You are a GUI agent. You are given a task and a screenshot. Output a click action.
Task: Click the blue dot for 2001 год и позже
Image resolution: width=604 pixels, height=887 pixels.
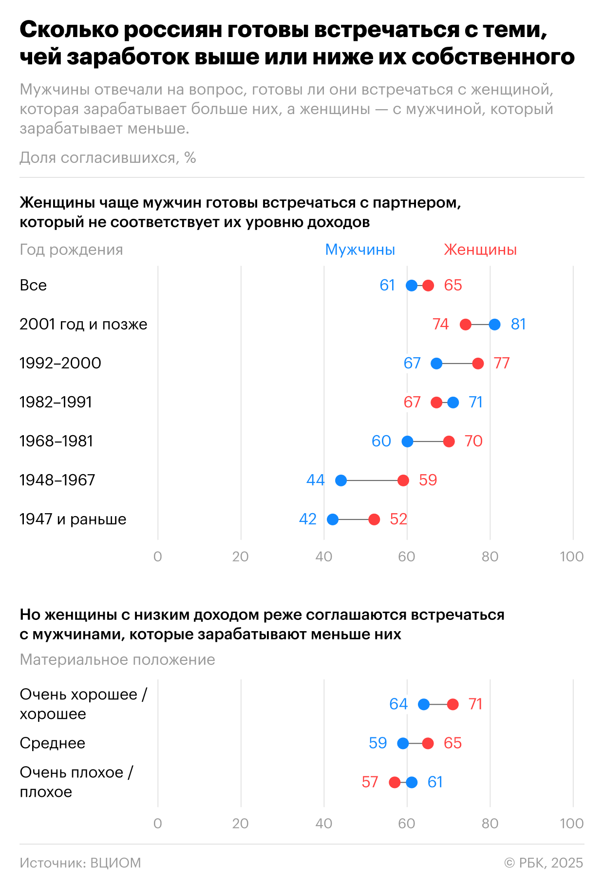[494, 325]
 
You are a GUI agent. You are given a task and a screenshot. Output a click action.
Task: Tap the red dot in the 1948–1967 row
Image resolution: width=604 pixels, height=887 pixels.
[403, 481]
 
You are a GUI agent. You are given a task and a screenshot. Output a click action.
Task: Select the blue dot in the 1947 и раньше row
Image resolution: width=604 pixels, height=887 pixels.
[333, 520]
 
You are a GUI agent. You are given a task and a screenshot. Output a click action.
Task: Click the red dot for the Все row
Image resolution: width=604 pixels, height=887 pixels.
[428, 286]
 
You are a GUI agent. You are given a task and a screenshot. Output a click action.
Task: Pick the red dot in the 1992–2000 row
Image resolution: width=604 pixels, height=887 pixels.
[478, 364]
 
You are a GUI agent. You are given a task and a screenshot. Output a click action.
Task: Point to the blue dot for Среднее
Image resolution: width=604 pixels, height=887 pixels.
[403, 743]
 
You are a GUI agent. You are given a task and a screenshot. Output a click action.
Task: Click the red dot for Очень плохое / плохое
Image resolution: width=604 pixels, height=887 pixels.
[395, 782]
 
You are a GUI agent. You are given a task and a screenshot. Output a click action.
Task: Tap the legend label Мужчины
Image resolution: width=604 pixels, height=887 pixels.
[360, 250]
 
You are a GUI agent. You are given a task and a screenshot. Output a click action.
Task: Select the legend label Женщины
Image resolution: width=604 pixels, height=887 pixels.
[480, 250]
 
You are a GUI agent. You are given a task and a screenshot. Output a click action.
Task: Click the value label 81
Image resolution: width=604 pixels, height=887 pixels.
[518, 324]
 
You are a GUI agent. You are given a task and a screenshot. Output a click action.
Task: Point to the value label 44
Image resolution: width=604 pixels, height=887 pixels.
[315, 480]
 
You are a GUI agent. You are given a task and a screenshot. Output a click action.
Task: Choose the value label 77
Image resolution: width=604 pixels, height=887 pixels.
[502, 363]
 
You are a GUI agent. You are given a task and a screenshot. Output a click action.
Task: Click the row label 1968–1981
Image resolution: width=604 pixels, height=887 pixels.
[56, 441]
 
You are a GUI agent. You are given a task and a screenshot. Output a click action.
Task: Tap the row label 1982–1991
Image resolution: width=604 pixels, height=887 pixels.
[56, 402]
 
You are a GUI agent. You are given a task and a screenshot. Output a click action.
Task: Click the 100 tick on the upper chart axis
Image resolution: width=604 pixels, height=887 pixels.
[571, 557]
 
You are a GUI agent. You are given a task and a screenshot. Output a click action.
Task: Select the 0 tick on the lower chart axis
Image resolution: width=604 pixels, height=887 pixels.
[157, 824]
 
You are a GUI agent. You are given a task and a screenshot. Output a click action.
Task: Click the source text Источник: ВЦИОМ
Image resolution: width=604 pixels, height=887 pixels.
[80, 863]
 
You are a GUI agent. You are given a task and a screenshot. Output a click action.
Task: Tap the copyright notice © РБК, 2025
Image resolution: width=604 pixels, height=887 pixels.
[544, 863]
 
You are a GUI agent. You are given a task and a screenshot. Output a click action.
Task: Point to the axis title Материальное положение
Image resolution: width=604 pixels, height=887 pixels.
[117, 659]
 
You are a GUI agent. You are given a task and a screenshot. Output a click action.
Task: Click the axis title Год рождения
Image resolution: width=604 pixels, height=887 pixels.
[71, 250]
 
